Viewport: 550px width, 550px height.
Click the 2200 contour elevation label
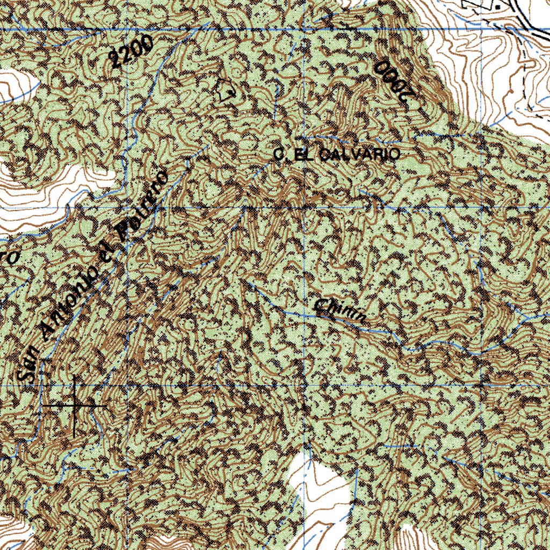pos(131,53)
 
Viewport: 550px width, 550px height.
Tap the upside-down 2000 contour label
pos(396,82)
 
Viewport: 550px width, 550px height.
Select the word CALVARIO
pos(359,155)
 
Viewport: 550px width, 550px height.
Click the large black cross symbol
pos(75,406)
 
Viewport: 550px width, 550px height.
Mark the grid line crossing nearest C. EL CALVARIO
pos(304,207)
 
